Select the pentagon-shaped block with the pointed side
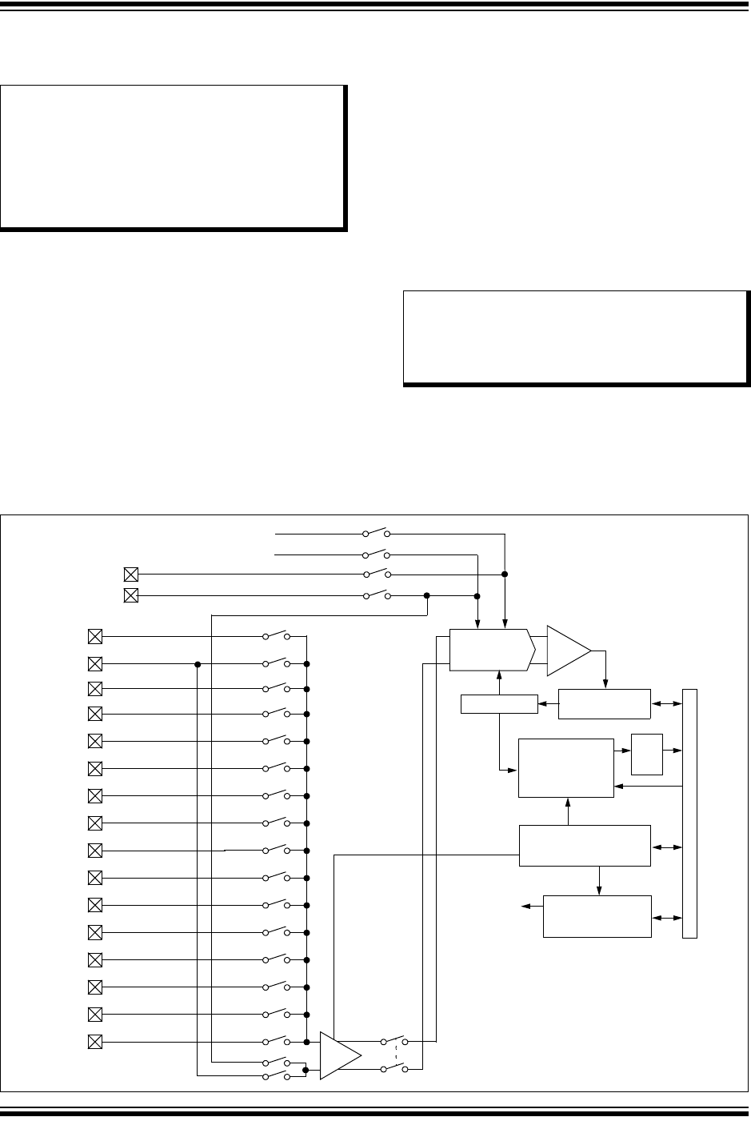coord(490,651)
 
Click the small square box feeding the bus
coord(647,754)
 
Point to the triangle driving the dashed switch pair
coord(338,1055)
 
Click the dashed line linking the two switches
coord(396,1055)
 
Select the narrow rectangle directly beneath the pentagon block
coord(500,704)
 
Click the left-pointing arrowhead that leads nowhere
coord(526,906)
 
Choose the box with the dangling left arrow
coord(597,916)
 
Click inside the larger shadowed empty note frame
coord(173,157)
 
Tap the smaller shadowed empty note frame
coord(575,337)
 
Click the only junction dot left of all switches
coord(197,664)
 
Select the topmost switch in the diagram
coord(376,532)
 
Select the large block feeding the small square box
coord(566,768)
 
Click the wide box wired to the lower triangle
coord(584,845)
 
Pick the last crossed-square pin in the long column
coord(94,1042)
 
